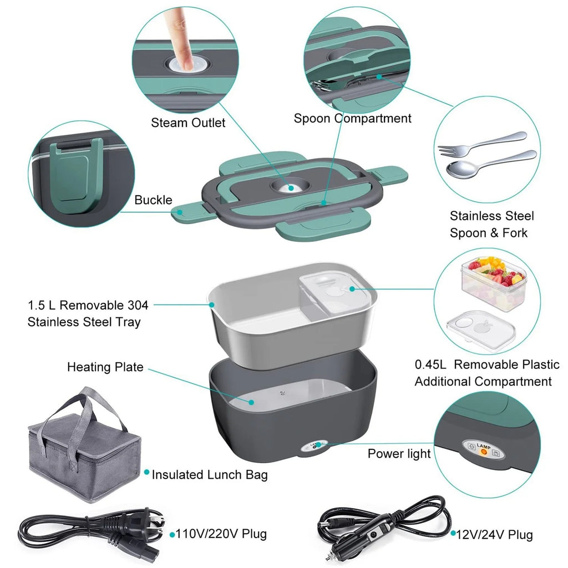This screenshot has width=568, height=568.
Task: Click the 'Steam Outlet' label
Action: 188,123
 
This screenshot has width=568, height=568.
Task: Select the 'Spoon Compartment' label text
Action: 352,118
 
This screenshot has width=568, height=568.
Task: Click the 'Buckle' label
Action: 153,200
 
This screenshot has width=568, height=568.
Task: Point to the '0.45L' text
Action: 432,365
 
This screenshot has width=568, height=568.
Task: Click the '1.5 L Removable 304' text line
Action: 89,305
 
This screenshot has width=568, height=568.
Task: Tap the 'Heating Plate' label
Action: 105,367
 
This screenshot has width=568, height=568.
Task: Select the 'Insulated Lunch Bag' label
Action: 210,475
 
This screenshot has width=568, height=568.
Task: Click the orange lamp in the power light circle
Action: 483,453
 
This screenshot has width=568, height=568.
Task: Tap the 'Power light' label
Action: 399,454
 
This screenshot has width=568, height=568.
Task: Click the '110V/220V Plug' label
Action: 221,534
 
